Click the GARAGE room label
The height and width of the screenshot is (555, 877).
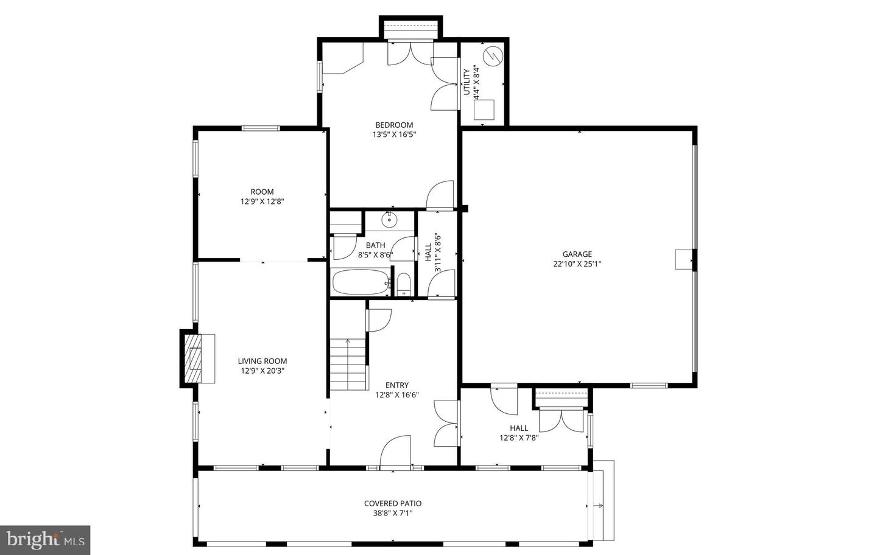577,254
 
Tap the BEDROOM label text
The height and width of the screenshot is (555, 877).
394,125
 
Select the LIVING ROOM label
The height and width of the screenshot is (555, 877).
262,361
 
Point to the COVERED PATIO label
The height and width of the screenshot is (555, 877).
392,503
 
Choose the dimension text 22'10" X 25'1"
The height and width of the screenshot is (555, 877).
577,264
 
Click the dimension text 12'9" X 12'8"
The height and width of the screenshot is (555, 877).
262,201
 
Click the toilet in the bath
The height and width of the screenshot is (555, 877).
403,284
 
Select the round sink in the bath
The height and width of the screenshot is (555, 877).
390,220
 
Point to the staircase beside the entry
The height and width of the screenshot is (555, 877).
349,364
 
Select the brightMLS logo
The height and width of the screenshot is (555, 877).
45,539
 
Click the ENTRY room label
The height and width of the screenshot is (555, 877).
397,385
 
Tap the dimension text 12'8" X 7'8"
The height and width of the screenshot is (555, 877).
519,438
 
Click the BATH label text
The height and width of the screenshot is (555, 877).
375,246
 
